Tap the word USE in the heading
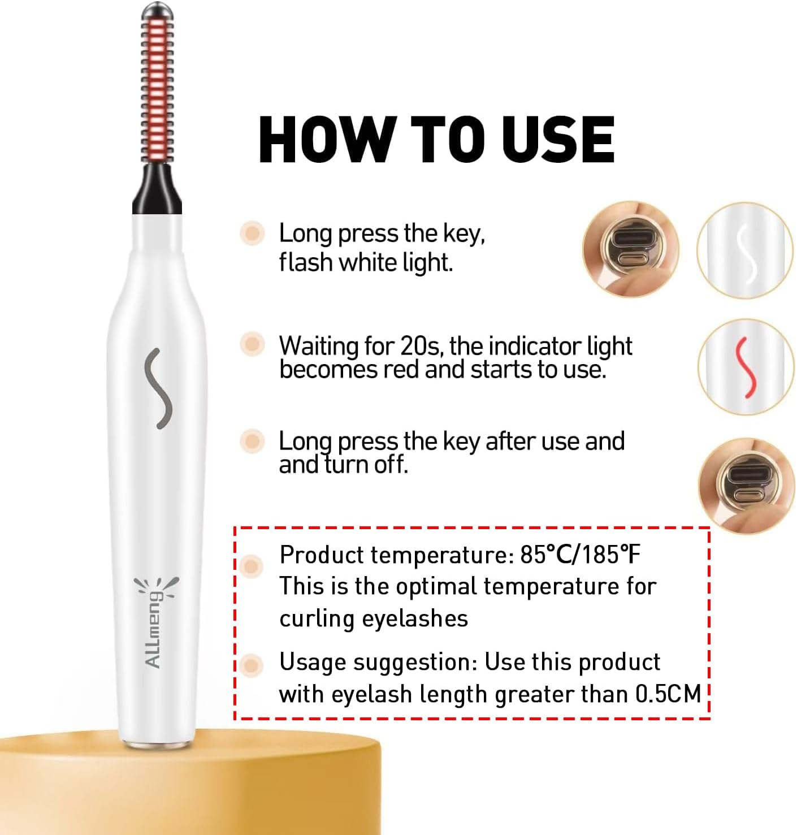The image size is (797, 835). [x=557, y=139]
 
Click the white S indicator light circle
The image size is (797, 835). [x=746, y=249]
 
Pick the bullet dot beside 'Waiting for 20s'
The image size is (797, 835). [x=252, y=344]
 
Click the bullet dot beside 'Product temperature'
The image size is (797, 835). [x=252, y=565]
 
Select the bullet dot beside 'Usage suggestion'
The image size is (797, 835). [x=252, y=665]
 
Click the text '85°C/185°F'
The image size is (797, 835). [x=581, y=556]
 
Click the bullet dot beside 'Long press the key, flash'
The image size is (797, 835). [x=252, y=233]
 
